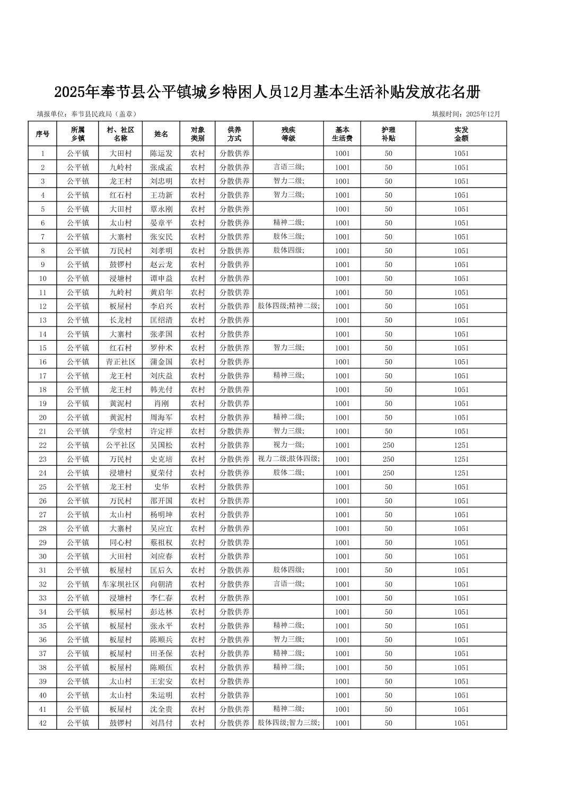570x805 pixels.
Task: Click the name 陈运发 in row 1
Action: tap(161, 154)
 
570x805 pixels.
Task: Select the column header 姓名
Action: tap(161, 134)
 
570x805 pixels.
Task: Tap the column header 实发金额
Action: tap(461, 134)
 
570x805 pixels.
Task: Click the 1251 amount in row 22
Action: tap(461, 445)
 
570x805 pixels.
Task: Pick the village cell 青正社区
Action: tap(120, 362)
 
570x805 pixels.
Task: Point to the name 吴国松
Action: tap(161, 445)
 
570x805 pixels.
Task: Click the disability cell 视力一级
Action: tap(288, 445)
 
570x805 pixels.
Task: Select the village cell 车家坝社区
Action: tap(120, 584)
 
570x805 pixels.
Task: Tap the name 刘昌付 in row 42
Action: tap(161, 723)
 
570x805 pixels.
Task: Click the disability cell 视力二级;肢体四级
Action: tap(288, 458)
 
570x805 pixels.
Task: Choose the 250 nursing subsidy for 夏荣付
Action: tap(388, 473)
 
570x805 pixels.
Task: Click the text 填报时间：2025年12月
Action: tap(466, 114)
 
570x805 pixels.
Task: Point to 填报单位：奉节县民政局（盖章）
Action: tap(86, 114)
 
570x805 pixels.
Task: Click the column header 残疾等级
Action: tap(288, 134)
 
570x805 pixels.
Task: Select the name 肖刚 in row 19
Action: tap(161, 403)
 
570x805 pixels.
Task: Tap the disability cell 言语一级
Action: tap(288, 583)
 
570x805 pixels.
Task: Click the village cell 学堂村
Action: tap(120, 431)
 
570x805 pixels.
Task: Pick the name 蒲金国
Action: tap(161, 362)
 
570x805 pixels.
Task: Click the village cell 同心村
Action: tap(120, 543)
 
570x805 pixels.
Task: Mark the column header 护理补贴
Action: tap(388, 134)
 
